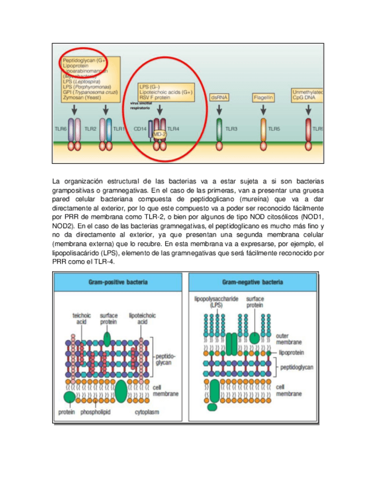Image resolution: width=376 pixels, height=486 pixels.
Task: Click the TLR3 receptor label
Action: click(232, 130)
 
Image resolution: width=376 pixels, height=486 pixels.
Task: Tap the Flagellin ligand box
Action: click(262, 98)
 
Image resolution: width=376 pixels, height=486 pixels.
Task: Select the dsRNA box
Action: click(219, 98)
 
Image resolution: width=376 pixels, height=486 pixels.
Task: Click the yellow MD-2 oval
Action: click(159, 134)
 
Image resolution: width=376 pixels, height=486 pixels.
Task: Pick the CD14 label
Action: click(140, 130)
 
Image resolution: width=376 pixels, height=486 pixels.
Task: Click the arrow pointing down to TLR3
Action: click(219, 109)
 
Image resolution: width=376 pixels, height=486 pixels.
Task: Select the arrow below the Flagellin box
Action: click(262, 109)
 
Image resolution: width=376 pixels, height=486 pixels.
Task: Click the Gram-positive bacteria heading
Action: click(118, 282)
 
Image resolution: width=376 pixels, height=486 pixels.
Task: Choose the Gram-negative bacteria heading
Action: click(253, 282)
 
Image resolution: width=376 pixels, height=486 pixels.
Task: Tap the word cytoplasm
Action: click(147, 411)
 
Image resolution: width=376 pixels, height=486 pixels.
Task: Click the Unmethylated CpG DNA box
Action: click(307, 95)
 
